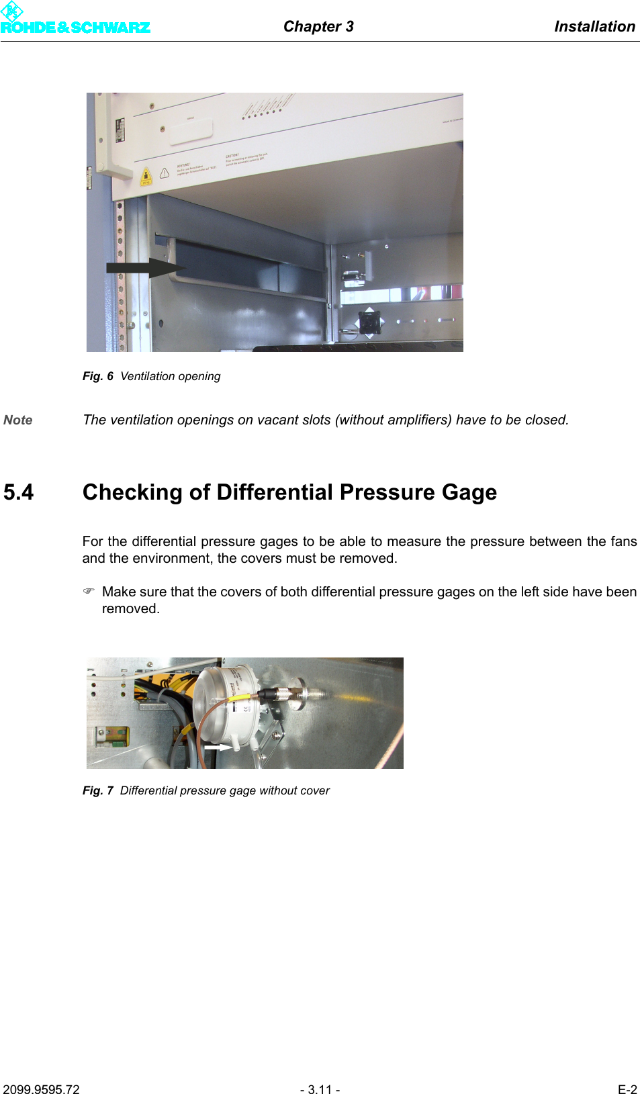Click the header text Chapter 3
click(x=318, y=26)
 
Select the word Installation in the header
click(x=594, y=26)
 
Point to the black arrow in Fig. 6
click(x=144, y=267)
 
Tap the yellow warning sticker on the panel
click(x=146, y=177)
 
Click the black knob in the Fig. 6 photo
click(x=369, y=322)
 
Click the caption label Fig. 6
click(x=97, y=376)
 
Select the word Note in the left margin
click(x=18, y=420)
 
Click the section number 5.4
click(x=18, y=492)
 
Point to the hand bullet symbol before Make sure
click(x=89, y=591)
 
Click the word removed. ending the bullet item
click(x=130, y=608)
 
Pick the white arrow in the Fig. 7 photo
click(x=217, y=746)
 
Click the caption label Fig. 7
click(x=97, y=790)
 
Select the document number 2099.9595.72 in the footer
click(x=41, y=1089)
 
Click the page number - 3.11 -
click(x=320, y=1089)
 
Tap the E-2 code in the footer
click(x=627, y=1089)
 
